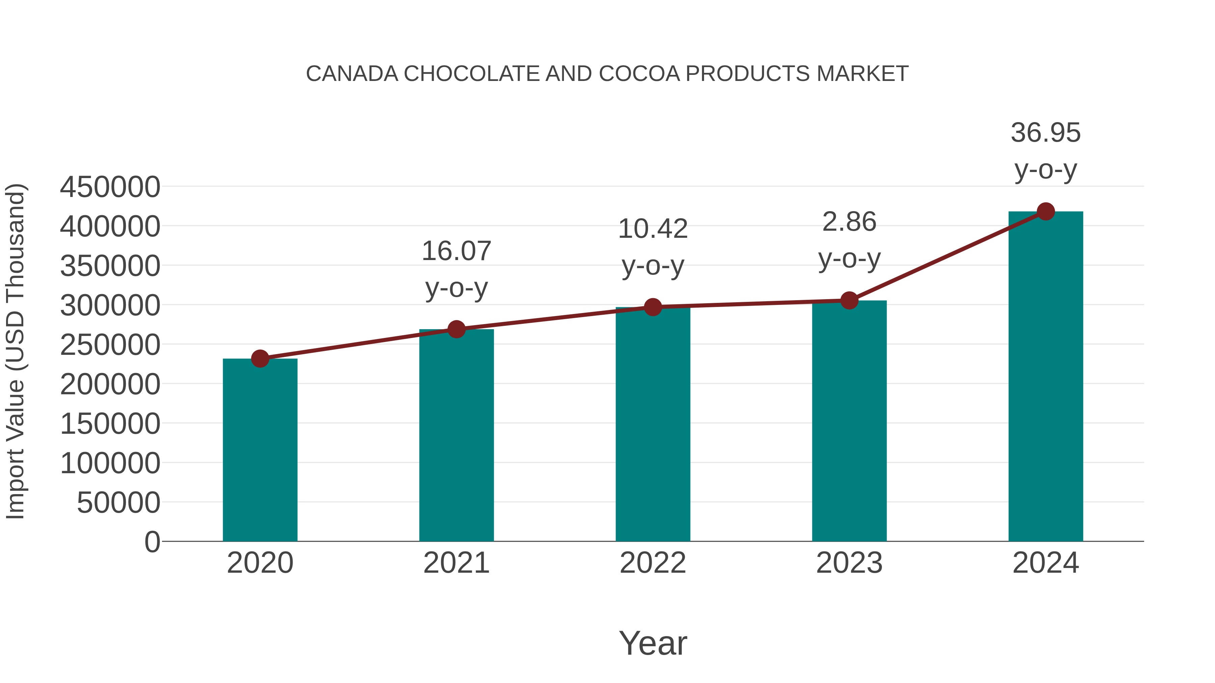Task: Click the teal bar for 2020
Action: click(x=260, y=450)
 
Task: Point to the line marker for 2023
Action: click(x=849, y=300)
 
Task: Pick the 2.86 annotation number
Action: click(x=849, y=222)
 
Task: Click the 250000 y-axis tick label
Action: click(x=110, y=345)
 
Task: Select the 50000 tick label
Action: click(x=118, y=503)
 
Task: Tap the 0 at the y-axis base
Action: click(x=152, y=542)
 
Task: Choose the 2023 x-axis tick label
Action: click(x=849, y=563)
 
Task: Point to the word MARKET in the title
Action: click(x=862, y=74)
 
